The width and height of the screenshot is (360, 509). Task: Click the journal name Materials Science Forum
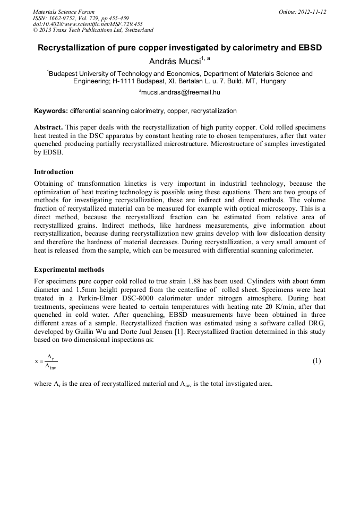(64, 11)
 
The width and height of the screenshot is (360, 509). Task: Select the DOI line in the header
(88, 24)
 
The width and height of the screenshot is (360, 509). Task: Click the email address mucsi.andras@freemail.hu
(181, 92)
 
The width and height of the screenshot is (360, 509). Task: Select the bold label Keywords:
(50, 111)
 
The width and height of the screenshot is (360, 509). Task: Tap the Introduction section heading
(54, 171)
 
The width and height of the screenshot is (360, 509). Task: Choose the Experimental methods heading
(69, 270)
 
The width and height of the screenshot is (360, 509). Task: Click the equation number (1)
(316, 361)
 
